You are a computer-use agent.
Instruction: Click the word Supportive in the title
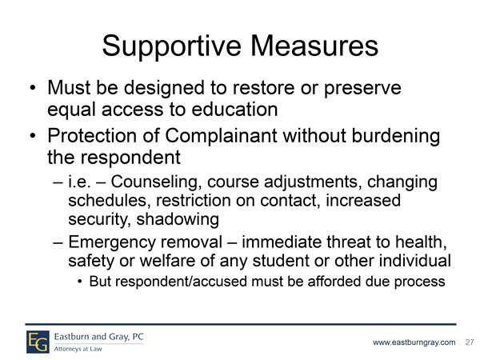click(x=172, y=46)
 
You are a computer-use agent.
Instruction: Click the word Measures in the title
click(x=314, y=46)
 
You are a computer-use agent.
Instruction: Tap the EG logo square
click(x=38, y=342)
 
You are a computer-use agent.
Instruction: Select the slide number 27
click(x=470, y=342)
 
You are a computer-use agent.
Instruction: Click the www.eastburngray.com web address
click(x=414, y=342)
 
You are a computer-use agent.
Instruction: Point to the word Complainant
click(x=221, y=135)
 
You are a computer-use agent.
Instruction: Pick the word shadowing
click(x=178, y=219)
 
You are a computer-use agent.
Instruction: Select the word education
click(x=234, y=110)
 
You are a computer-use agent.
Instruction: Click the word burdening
click(x=395, y=136)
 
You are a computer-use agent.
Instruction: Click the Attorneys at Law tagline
click(x=78, y=349)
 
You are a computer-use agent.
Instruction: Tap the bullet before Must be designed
click(x=33, y=88)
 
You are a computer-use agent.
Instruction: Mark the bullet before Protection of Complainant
click(x=33, y=136)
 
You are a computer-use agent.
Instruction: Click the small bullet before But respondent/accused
click(x=80, y=282)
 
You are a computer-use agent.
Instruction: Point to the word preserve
click(x=362, y=88)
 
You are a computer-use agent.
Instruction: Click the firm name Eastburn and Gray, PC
click(x=99, y=337)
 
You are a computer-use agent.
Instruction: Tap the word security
click(x=100, y=220)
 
